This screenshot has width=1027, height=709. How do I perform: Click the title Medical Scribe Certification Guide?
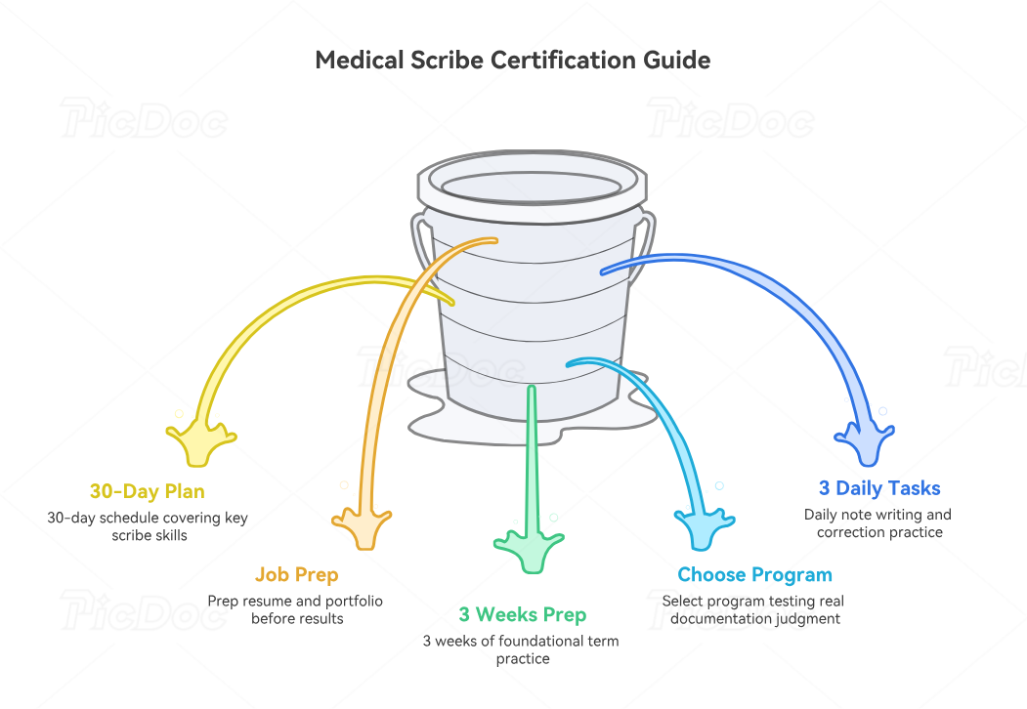point(513,61)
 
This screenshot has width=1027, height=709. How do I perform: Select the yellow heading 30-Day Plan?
point(148,491)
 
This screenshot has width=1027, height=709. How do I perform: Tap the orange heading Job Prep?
point(297,575)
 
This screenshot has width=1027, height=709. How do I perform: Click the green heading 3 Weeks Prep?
point(523,614)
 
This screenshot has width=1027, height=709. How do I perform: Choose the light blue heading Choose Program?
point(754,575)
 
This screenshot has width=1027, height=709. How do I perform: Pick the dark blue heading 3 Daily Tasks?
point(879,488)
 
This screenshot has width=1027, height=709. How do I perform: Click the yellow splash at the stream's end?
point(199,441)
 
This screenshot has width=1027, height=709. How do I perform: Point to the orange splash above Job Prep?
point(362,527)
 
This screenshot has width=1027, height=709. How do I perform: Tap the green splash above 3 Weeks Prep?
point(530,552)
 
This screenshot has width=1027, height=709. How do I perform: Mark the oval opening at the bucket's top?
point(532,187)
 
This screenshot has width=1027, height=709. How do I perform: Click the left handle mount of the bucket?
point(422,243)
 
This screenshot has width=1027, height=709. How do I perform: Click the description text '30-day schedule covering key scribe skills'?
point(148,526)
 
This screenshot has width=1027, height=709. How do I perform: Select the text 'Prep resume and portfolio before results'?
point(295,609)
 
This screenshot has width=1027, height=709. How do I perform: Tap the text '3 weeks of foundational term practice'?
point(522,649)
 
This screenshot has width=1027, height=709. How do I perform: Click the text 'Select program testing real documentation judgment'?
point(753,609)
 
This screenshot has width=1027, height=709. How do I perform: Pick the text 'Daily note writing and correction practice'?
point(878,523)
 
